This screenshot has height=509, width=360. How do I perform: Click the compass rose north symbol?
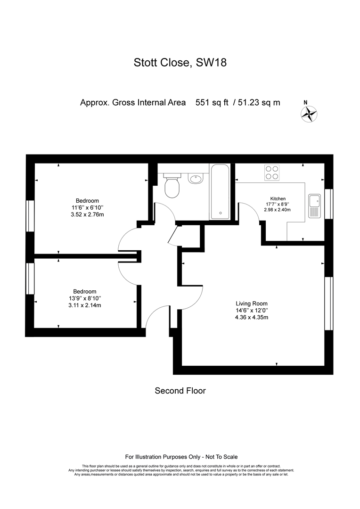pos(309,114)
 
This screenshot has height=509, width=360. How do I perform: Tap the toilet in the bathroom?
pos(172,185)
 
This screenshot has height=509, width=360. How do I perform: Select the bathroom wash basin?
pos(195,178)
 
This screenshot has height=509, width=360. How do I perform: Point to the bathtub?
pos(220,191)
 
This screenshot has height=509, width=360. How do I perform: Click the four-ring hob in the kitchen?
pos(272,172)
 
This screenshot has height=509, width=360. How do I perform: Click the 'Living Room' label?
pos(252,304)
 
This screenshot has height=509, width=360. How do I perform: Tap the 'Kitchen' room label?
pos(278,199)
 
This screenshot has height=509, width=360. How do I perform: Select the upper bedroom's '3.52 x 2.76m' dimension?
pos(87,214)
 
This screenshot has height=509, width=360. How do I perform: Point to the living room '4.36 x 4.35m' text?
pos(252,317)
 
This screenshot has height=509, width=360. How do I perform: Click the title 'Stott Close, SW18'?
pos(180,62)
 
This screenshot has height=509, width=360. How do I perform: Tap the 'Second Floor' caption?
pos(180,391)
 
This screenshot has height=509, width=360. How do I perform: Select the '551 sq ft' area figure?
pos(212,103)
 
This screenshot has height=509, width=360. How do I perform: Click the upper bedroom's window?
pos(30,216)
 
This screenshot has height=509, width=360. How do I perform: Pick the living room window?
pos(329,303)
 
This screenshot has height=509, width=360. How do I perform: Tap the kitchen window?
pos(329,204)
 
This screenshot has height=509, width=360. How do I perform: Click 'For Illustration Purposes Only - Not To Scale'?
pos(181,457)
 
